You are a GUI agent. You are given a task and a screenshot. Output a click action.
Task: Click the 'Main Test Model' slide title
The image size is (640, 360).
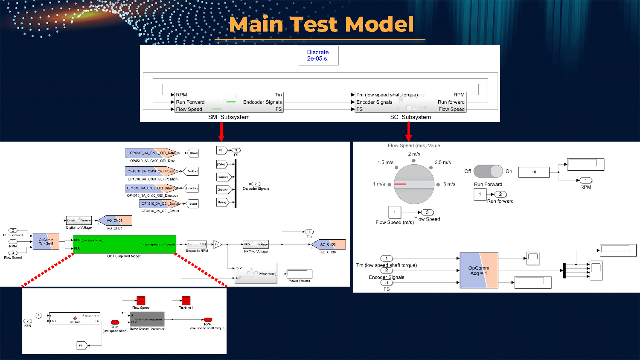(321, 24)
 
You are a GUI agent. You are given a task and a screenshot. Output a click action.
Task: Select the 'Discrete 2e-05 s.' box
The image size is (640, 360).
(318, 55)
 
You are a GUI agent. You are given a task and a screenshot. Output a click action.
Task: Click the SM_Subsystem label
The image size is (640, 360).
(229, 117)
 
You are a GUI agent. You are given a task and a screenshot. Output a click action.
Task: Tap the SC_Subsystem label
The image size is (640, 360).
(410, 117)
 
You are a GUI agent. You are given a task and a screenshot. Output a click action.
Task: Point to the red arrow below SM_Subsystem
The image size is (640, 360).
(221, 132)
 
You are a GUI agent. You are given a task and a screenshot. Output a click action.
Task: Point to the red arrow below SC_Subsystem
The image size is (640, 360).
(408, 132)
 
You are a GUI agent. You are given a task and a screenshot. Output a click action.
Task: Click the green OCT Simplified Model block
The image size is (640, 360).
(124, 244)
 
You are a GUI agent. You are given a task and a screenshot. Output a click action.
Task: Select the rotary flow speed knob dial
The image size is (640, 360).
(414, 184)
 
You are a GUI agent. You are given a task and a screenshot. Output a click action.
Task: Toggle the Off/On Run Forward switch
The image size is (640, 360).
(488, 171)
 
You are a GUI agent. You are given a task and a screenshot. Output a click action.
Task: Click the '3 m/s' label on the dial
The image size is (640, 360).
(449, 184)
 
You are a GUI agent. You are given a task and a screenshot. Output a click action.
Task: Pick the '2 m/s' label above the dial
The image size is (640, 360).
(414, 154)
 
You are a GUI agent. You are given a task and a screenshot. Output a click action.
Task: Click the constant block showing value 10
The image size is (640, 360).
(534, 172)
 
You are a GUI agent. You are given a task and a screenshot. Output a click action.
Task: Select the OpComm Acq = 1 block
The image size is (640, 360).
(479, 270)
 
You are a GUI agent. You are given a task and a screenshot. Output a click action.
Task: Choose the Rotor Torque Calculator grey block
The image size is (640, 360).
(146, 319)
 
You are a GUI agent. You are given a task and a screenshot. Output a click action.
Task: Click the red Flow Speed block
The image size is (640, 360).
(141, 300)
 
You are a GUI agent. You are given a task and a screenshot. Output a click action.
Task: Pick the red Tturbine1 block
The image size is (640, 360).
(186, 300)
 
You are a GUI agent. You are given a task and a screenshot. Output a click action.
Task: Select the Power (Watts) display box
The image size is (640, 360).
(299, 273)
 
